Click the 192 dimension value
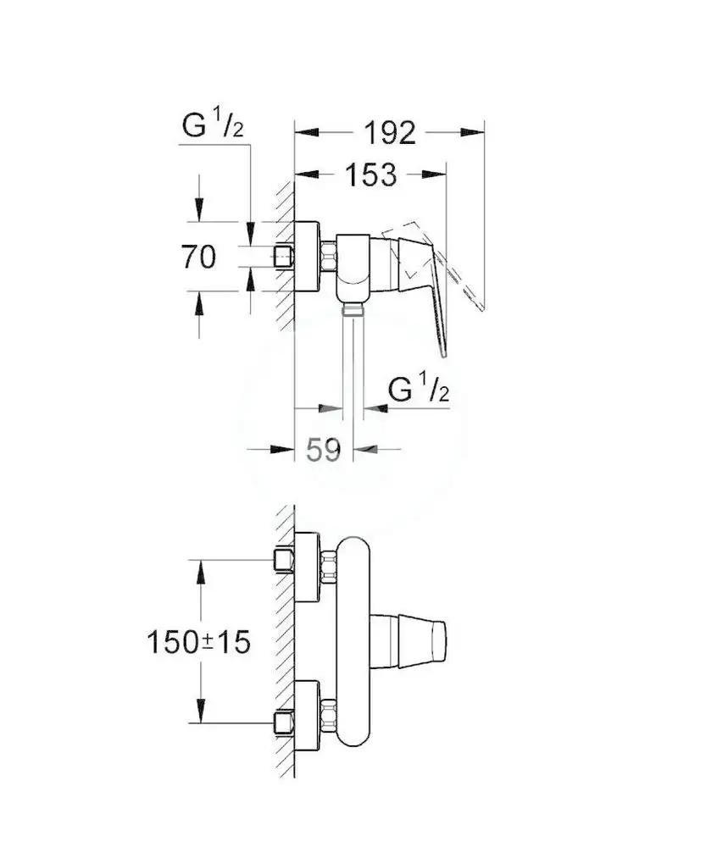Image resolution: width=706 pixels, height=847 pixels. click(390, 133)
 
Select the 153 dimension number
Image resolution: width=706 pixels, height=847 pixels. click(371, 174)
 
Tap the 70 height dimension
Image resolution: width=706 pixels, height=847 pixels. click(198, 257)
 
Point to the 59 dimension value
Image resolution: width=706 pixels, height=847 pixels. click(324, 450)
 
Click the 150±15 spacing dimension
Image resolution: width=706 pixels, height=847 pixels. click(199, 642)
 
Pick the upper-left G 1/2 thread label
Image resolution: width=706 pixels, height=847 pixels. click(213, 125)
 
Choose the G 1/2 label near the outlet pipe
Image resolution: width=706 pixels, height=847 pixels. click(419, 389)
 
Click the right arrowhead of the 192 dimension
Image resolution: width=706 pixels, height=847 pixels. click(472, 132)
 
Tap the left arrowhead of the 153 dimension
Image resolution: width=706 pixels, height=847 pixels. click(307, 174)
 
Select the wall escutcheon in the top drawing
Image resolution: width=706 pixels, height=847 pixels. click(308, 257)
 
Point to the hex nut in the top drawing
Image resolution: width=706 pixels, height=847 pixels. click(328, 257)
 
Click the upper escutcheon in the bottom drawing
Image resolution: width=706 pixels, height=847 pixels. click(308, 567)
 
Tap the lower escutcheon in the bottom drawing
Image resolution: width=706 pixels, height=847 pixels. click(308, 716)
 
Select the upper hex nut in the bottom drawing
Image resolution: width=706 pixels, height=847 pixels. click(328, 567)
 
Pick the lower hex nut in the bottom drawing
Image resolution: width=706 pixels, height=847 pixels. click(328, 716)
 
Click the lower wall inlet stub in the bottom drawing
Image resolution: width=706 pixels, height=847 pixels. click(284, 722)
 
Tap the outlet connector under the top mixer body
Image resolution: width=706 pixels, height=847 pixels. click(353, 308)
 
